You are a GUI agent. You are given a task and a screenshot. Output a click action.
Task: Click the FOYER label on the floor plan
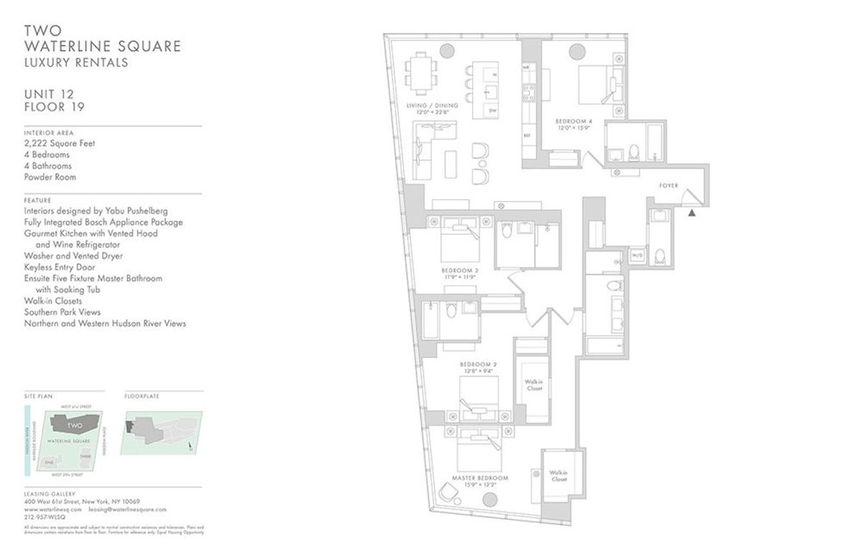[x=669, y=186]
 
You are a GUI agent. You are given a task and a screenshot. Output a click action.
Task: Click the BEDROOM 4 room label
[x=571, y=123]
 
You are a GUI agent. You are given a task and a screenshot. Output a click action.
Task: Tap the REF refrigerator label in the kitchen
[x=526, y=135]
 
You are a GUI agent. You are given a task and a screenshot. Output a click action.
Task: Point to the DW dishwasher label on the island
[x=492, y=111]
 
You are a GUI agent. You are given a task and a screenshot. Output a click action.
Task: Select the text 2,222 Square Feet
[x=59, y=144]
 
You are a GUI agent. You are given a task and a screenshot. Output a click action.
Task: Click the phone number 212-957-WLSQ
[x=42, y=517]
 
